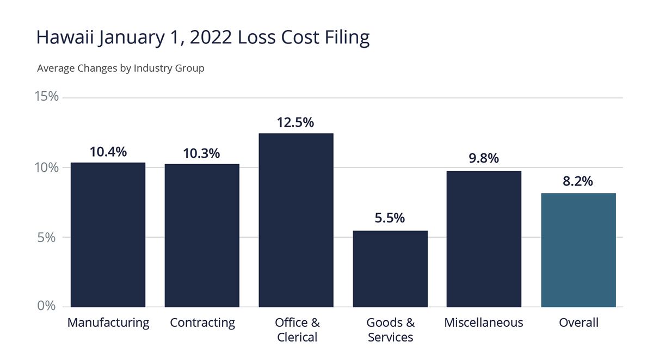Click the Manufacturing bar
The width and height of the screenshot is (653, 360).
pyautogui.click(x=108, y=235)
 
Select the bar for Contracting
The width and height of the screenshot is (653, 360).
pyautogui.click(x=202, y=235)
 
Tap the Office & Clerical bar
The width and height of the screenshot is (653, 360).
pyautogui.click(x=296, y=220)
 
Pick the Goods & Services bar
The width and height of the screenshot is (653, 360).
pyautogui.click(x=390, y=269)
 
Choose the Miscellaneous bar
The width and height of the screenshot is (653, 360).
pyautogui.click(x=484, y=239)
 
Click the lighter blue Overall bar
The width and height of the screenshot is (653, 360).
pyautogui.click(x=578, y=250)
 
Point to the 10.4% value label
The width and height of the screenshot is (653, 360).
pyautogui.click(x=108, y=152)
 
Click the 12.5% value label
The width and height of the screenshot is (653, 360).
pyautogui.click(x=295, y=122)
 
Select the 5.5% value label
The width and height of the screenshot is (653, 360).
pyautogui.click(x=390, y=219)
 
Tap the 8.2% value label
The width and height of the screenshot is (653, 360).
pyautogui.click(x=578, y=182)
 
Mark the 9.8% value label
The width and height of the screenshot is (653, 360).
pyautogui.click(x=484, y=159)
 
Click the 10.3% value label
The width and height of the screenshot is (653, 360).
pyautogui.click(x=201, y=153)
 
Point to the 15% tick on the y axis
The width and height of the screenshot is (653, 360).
pyautogui.click(x=46, y=97)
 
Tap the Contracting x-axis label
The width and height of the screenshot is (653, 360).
pyautogui.click(x=202, y=322)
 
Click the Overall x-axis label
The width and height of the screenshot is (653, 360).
pyautogui.click(x=578, y=322)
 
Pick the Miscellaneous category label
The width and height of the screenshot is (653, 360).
pyautogui.click(x=484, y=322)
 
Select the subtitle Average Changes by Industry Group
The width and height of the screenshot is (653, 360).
pyautogui.click(x=121, y=69)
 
